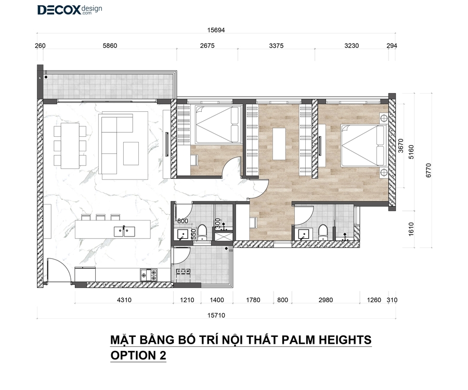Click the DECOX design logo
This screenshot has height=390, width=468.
click(x=70, y=10)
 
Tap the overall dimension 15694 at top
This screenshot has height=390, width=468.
click(x=216, y=30)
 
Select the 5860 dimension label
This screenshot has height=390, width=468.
click(x=110, y=46)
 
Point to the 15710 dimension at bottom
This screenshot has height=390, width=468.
click(x=216, y=316)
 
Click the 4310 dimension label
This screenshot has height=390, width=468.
click(x=124, y=300)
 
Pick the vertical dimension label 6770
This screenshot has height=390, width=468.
click(x=428, y=171)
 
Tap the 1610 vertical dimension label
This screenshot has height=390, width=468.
click(x=411, y=229)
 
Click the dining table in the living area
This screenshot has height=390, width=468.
click(x=70, y=146)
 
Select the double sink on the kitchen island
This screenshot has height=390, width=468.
click(x=124, y=231)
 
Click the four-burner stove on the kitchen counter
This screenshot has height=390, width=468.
click(x=149, y=275)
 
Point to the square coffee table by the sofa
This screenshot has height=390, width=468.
click(x=131, y=153)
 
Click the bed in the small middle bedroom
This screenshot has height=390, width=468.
click(x=217, y=124)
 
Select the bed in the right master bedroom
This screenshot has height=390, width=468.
click(x=364, y=145)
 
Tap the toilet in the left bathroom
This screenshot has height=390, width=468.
click(x=202, y=232)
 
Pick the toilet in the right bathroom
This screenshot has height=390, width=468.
click(x=322, y=232)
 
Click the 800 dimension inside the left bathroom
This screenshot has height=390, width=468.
click(x=183, y=221)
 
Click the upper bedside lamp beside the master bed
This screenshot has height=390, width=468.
click(x=384, y=118)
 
